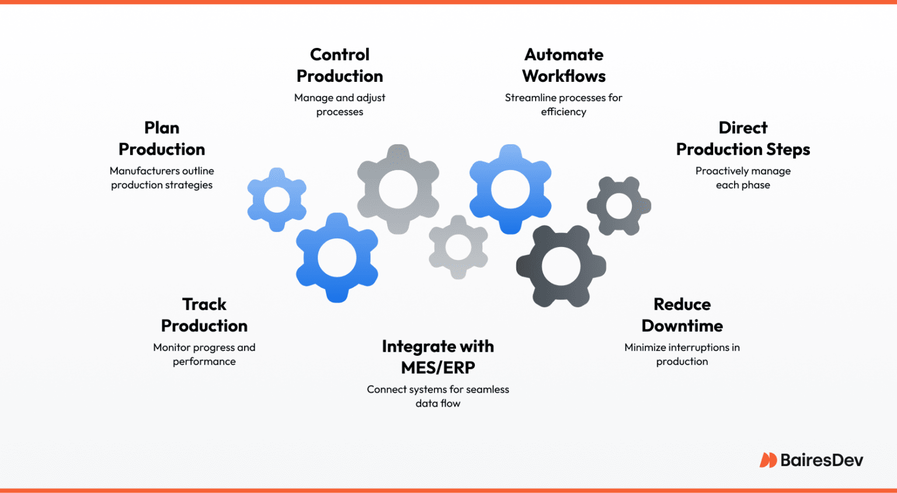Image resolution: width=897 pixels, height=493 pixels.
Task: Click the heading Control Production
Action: coord(339,65)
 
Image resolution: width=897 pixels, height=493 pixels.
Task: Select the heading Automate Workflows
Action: coord(564,65)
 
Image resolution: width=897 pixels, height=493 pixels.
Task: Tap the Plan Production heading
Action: coord(162,138)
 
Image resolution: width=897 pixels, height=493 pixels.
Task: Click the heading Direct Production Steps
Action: coord(743,138)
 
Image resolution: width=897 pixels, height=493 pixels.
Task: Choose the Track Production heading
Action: coord(204,315)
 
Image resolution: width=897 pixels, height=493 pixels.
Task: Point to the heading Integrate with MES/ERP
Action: coord(438,357)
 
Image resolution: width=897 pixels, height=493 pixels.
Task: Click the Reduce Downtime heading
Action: coord(682,315)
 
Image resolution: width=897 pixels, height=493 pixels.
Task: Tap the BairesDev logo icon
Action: coord(767,460)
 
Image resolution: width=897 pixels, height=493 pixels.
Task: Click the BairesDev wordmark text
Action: coord(821,460)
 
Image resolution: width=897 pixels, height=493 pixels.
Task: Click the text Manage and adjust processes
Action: coord(339,105)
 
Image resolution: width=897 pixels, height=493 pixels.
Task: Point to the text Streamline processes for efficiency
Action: coord(564,105)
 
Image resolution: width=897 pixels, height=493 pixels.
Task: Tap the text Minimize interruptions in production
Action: coord(682,354)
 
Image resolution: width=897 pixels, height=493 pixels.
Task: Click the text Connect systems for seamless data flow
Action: coord(438,396)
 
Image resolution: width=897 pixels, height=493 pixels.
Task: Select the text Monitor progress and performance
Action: coord(204,354)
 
